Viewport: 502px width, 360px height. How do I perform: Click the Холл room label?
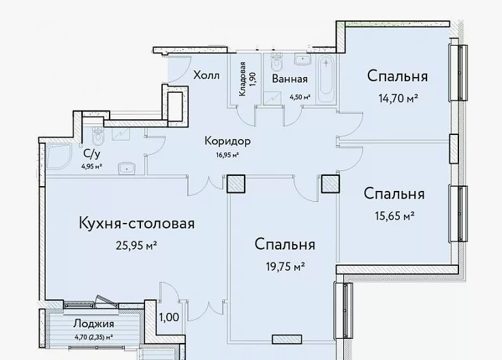tap(206, 76)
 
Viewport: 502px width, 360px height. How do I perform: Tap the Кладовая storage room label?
tap(242, 79)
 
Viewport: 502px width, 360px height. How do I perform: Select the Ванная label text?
tap(289, 79)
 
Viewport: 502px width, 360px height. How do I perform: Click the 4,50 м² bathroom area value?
tap(300, 97)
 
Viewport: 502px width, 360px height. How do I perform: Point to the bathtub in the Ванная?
tap(326, 78)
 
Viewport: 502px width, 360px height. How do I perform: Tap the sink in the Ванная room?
tap(302, 59)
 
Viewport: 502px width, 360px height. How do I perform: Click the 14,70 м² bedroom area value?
tap(398, 98)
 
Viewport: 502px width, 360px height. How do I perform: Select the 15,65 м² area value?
tap(395, 215)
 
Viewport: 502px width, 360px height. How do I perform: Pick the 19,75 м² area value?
tap(285, 267)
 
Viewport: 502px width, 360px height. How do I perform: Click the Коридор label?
tap(228, 141)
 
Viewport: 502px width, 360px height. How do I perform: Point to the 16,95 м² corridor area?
tap(228, 155)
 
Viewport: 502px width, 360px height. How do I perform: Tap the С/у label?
tap(91, 154)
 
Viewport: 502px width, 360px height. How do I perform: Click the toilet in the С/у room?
tap(97, 136)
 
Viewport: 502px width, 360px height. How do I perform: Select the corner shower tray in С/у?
tap(59, 156)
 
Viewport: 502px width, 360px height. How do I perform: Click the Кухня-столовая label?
tap(137, 224)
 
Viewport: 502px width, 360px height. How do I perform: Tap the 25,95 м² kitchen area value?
tap(136, 246)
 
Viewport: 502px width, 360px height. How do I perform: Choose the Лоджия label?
tap(93, 324)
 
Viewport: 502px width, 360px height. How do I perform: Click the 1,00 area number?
tap(169, 317)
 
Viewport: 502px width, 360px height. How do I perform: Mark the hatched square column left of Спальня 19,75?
tap(236, 184)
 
